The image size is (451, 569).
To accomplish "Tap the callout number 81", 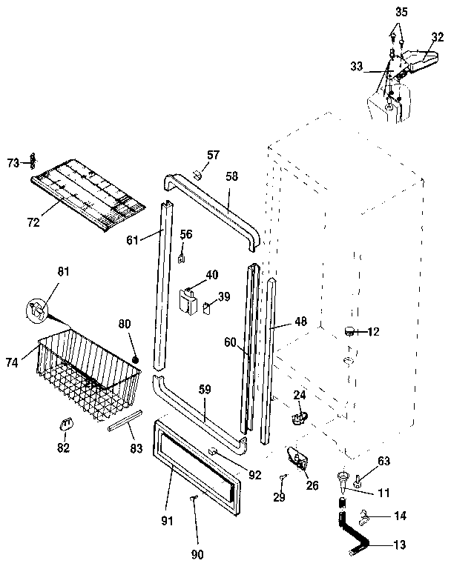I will pos(63,273).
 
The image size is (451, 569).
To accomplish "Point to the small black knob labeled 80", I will pos(136,359).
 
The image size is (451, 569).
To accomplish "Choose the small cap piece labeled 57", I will pos(197,175).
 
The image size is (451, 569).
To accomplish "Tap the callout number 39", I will pos(223,296).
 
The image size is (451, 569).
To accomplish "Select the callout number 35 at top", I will pos(401,12).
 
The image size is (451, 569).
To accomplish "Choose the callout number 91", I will pos(167,521).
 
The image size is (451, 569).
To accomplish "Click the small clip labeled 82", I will pos(65,424).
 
